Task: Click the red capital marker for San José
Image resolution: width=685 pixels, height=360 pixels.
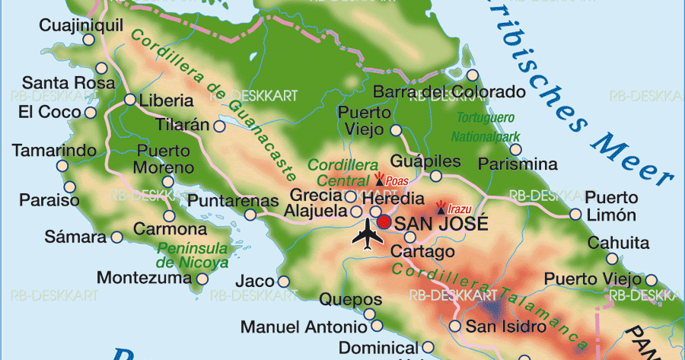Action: [384, 222]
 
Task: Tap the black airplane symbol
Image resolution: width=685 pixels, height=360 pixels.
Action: [368, 234]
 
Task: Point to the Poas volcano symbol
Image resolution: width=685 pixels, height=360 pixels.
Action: [380, 180]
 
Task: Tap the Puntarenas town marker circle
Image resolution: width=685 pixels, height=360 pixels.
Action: [250, 215]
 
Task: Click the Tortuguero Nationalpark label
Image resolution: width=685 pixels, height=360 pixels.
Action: [486, 128]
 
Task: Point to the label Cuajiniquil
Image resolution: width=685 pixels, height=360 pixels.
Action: [81, 26]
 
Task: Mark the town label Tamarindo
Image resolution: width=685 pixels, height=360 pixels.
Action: [54, 150]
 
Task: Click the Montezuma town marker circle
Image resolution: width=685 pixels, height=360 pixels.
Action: [202, 279]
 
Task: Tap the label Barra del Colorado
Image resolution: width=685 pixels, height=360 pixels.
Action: [449, 92]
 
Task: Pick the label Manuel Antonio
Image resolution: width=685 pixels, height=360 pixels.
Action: [303, 327]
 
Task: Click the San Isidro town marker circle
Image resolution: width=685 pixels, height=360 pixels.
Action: [455, 327]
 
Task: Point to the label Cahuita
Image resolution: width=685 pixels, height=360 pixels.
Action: [618, 244]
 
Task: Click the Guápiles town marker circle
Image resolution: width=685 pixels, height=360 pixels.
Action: [435, 176]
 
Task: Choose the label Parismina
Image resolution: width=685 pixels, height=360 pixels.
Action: [518, 164]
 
